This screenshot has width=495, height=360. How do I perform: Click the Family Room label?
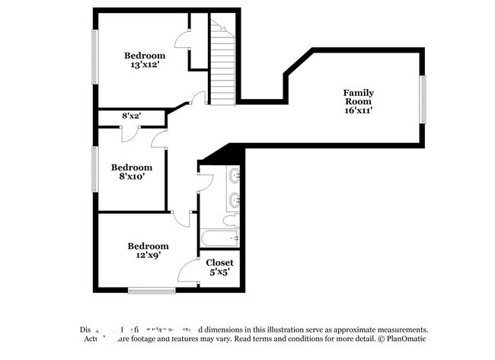pos(358,97)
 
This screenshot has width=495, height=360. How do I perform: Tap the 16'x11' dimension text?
pos(358,110)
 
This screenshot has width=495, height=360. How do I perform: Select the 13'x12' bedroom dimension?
pos(145,65)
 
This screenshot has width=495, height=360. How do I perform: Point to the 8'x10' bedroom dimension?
pos(131,177)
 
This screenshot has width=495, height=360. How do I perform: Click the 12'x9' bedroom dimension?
pos(148,256)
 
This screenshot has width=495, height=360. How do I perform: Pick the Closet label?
pos(220,263)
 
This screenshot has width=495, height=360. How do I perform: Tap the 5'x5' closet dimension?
pos(220,272)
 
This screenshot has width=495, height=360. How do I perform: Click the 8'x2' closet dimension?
pos(132,116)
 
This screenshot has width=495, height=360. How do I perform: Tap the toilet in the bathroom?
pos(229,221)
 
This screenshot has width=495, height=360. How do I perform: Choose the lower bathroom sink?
pos(233,201)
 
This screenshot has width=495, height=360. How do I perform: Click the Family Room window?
pos(423,100)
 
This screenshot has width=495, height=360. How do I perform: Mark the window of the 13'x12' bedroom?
pos(94,57)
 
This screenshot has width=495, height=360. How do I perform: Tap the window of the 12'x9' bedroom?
pos(152,289)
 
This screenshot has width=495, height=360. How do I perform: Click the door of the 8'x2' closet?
pos(130,131)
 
